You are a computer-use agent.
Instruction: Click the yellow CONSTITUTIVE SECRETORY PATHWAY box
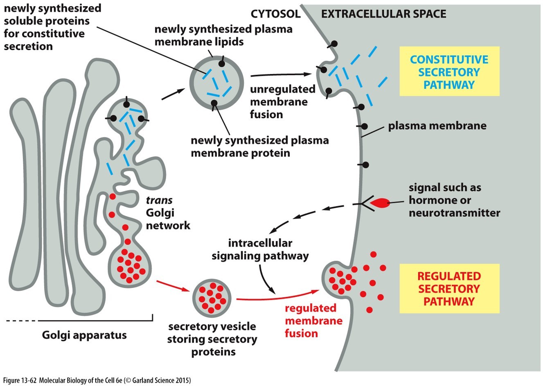click(449, 72)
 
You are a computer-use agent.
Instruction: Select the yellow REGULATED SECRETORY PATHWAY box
click(449, 288)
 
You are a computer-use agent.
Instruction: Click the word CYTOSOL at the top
click(275, 14)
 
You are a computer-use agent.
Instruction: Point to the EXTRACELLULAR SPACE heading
click(383, 14)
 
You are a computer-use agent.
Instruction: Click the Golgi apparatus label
click(84, 335)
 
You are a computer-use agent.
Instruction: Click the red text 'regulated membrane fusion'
click(313, 321)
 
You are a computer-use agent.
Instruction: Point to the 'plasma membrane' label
click(437, 126)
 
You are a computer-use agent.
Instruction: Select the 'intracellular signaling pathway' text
click(260, 249)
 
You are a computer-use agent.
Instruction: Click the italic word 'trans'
click(159, 200)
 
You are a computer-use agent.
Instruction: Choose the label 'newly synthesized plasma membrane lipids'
click(223, 36)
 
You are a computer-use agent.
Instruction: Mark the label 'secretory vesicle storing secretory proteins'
click(212, 339)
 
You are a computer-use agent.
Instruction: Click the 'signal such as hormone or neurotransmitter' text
click(454, 200)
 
